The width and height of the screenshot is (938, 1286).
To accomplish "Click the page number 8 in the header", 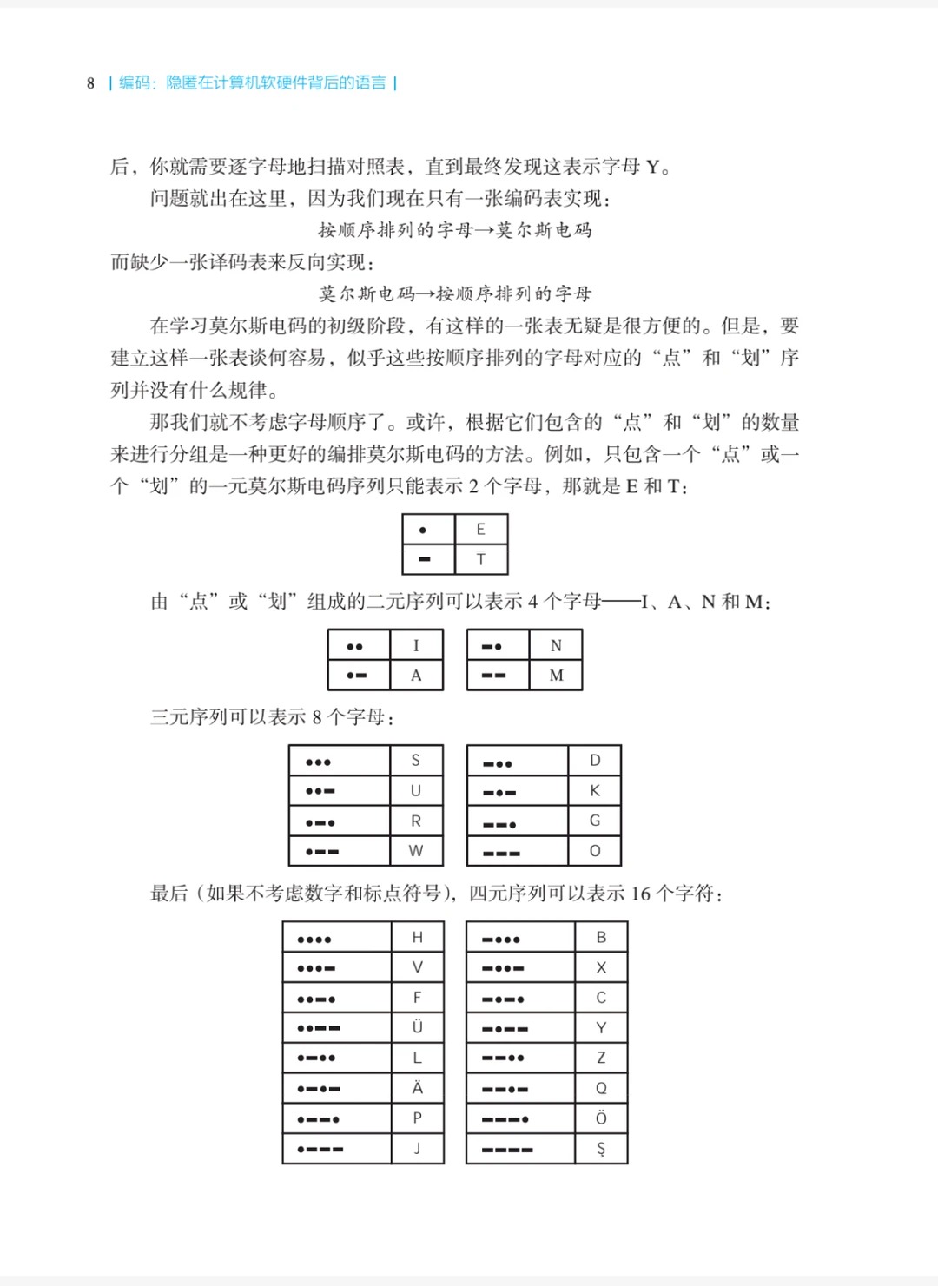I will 90,83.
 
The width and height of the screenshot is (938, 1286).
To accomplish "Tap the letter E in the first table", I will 480,529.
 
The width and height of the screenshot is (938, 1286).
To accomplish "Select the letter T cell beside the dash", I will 480,559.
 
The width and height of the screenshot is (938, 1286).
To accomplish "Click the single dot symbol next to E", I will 423,530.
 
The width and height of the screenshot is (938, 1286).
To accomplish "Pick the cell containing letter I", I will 416,645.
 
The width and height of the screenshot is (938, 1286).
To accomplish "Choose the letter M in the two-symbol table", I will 556,675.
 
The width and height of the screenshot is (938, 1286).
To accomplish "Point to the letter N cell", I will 556,645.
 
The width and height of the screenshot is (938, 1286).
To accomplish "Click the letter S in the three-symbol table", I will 415,760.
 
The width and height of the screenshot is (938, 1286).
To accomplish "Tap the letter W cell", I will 416,851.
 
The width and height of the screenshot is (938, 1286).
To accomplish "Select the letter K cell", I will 595,790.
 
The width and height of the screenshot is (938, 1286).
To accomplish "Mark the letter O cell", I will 595,851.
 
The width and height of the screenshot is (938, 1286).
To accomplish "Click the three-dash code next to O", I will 502,853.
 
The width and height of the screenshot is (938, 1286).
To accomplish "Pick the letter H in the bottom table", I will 417,937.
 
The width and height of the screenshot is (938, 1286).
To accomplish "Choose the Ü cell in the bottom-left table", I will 417,1026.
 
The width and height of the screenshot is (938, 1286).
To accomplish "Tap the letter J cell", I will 417,1148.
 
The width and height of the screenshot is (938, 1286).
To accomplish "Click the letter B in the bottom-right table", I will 601,937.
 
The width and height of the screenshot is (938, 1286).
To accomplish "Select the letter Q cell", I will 601,1088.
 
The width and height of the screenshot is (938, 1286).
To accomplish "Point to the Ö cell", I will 601,1118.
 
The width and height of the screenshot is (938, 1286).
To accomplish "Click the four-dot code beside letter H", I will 314,940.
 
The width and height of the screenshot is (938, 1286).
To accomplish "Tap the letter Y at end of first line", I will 653,167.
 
